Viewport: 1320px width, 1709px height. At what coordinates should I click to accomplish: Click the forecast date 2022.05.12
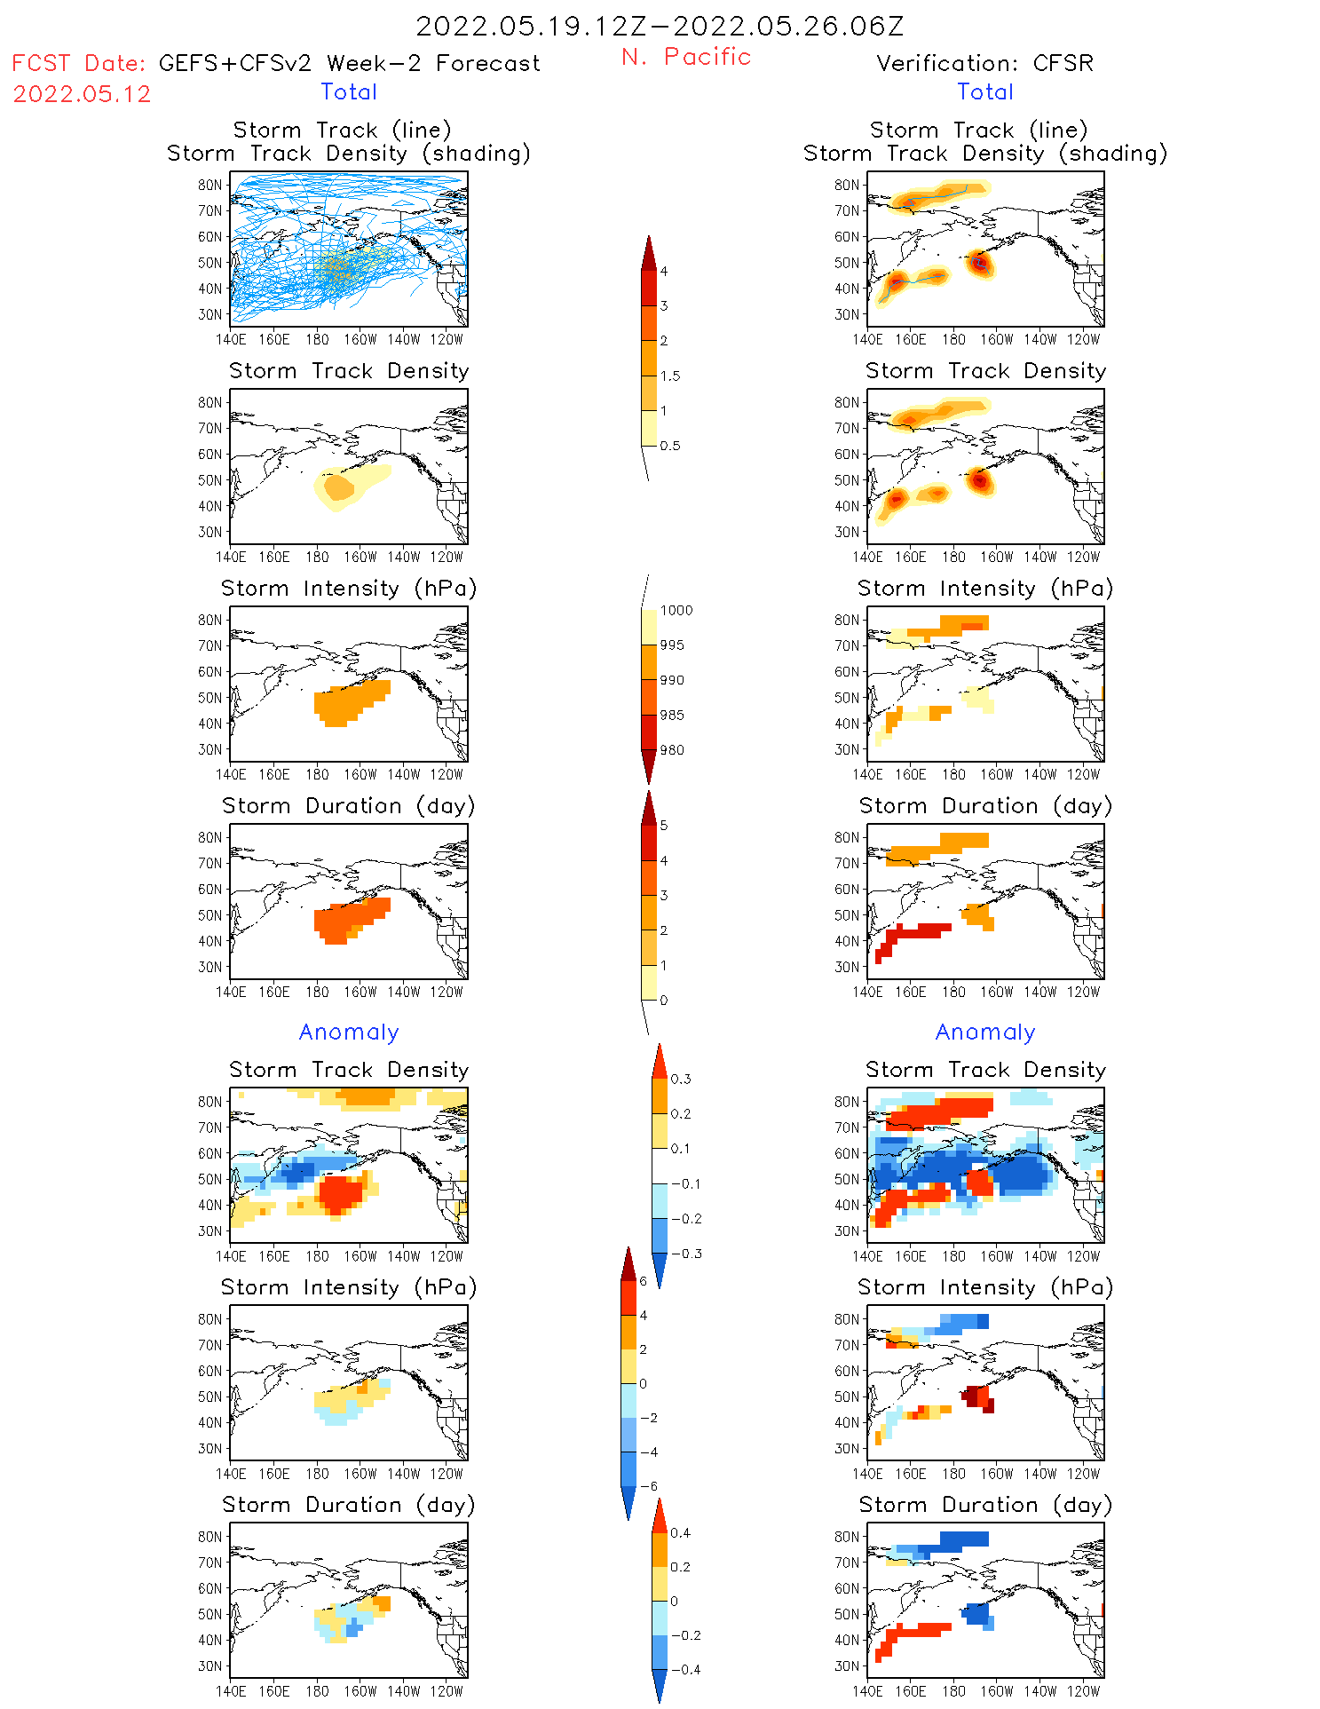[x=82, y=94]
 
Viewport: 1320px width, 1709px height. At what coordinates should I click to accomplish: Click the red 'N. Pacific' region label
[x=686, y=57]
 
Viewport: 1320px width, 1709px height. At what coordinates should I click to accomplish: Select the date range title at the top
[x=660, y=26]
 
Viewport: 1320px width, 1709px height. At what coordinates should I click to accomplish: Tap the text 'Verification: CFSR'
[x=984, y=63]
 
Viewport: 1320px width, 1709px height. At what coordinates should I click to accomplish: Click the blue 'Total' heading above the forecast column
[x=349, y=91]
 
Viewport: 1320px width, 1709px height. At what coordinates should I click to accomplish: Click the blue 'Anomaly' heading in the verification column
[x=985, y=1032]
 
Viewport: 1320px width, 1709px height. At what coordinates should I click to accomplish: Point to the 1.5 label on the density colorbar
[x=670, y=376]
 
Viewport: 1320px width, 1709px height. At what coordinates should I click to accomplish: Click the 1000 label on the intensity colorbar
[x=676, y=610]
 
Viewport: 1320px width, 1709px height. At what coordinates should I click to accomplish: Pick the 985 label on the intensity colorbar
[x=672, y=715]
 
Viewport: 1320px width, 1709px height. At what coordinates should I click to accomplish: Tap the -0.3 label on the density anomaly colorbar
[x=685, y=1254]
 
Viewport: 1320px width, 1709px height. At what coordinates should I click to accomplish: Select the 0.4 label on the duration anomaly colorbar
[x=680, y=1532]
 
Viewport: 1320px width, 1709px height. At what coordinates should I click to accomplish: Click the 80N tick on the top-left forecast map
[x=209, y=185]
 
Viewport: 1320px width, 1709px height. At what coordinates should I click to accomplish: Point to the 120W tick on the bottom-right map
[x=1083, y=1691]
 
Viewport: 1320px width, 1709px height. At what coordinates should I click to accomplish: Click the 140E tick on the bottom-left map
[x=231, y=1691]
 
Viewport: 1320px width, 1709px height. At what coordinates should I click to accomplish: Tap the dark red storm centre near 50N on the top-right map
[x=979, y=262]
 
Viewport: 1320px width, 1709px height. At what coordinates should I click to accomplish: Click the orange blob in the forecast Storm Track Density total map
[x=338, y=487]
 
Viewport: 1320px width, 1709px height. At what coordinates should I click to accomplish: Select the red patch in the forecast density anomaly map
[x=340, y=1191]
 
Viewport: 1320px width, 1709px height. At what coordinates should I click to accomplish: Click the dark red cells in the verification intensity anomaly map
[x=978, y=1396]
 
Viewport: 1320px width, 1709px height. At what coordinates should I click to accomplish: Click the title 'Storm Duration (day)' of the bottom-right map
[x=985, y=1505]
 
